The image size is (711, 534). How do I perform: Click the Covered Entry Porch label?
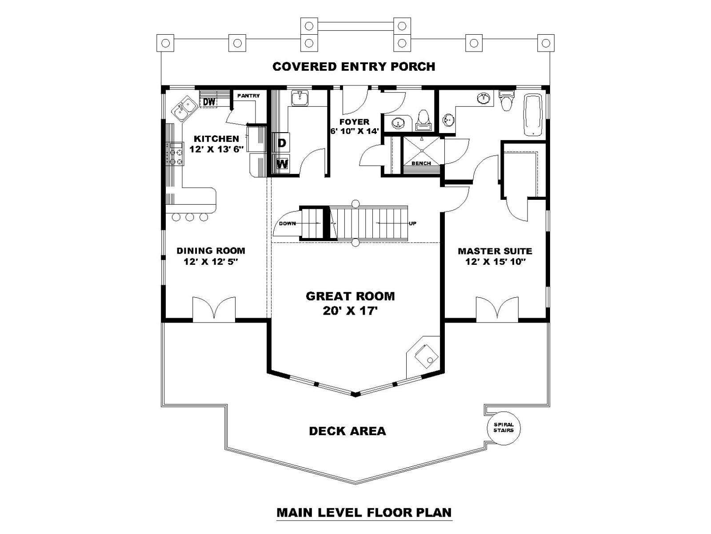click(x=354, y=66)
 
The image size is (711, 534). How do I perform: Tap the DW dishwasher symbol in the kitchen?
click(x=209, y=102)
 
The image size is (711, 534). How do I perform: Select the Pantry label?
click(x=248, y=96)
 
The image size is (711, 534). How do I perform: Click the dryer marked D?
click(x=281, y=142)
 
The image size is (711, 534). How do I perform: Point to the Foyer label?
click(x=354, y=122)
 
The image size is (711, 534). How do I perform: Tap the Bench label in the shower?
click(x=421, y=163)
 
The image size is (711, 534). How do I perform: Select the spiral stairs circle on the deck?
click(x=503, y=428)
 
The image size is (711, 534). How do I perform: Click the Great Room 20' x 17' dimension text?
click(x=351, y=311)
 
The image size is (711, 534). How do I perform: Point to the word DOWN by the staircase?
click(x=288, y=223)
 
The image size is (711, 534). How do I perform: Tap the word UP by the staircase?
click(x=413, y=223)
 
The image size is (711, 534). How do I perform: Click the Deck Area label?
click(x=348, y=431)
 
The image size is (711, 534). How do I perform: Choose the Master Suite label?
click(x=495, y=251)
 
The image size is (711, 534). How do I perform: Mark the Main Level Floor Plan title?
click(x=364, y=513)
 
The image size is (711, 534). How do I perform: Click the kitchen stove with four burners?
click(x=175, y=154)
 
